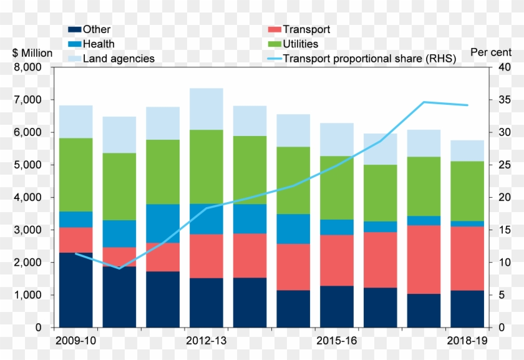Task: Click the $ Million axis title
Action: [32, 53]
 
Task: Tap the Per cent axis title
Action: [491, 53]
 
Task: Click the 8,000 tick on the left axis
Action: [27, 67]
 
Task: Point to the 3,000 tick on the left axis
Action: [27, 230]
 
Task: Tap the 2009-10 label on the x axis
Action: [75, 341]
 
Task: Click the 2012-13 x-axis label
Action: [206, 341]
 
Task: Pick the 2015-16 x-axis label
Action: [337, 341]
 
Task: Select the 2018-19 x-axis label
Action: [468, 341]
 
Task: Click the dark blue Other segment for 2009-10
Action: [75, 289]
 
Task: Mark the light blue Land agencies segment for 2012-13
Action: [206, 109]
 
